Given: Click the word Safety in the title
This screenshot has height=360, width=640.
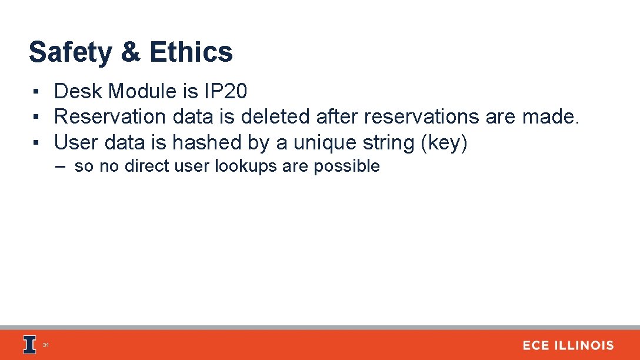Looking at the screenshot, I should click(x=70, y=52).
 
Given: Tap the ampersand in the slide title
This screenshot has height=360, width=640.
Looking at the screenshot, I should click(x=130, y=52).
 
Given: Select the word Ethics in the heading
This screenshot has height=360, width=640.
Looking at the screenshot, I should click(x=191, y=52).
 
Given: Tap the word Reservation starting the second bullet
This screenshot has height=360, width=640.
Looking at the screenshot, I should click(x=110, y=117).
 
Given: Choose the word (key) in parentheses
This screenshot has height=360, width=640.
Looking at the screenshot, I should click(x=444, y=143).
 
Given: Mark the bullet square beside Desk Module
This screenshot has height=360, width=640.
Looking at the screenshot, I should click(x=36, y=92).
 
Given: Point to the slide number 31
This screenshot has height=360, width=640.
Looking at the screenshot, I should click(x=46, y=345).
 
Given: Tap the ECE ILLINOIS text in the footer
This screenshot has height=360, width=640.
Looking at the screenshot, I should click(x=568, y=346).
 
